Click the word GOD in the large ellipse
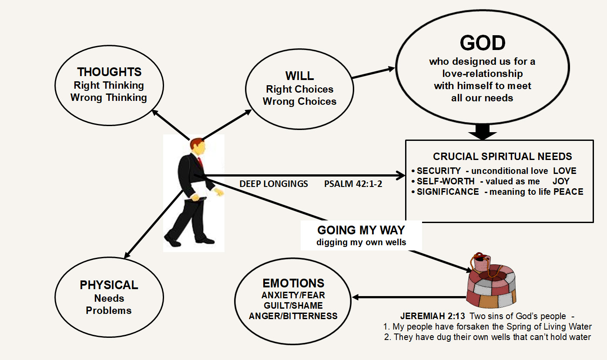(x=483, y=43)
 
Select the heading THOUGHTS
(x=109, y=72)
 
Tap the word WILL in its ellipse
(x=299, y=76)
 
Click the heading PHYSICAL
(x=109, y=285)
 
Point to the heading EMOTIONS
(x=293, y=283)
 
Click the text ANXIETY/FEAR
(x=293, y=295)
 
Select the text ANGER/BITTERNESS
(x=293, y=316)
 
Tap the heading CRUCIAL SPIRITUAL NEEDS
(x=503, y=157)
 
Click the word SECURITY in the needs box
(x=439, y=171)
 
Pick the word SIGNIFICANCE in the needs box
(x=448, y=192)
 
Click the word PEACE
(x=568, y=192)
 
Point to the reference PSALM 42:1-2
(x=353, y=184)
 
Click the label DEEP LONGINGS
(x=274, y=184)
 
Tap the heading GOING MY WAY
(x=361, y=230)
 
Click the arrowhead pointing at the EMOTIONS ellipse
(x=356, y=298)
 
